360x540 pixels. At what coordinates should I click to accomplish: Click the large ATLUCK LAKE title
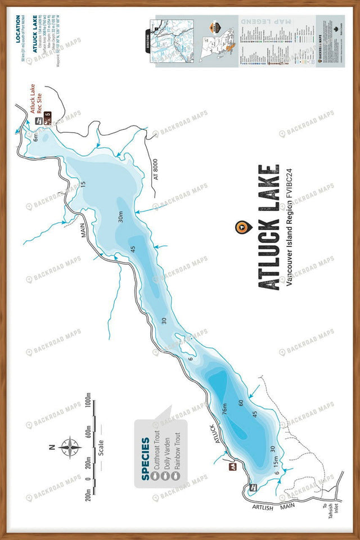click(268, 227)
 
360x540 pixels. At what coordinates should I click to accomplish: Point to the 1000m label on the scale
click(88, 403)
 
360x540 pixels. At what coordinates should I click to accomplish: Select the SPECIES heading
click(146, 459)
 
